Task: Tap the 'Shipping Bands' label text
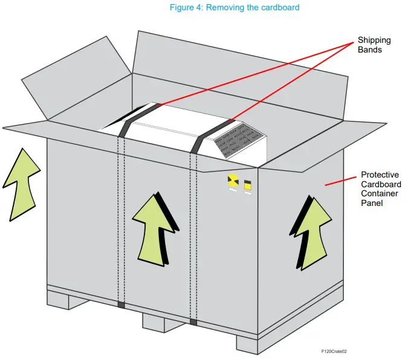[x=374, y=45]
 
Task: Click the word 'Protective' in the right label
[x=380, y=175]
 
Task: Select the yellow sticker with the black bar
[x=248, y=184]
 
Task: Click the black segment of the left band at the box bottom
[x=121, y=305]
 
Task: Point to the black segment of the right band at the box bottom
[x=193, y=322]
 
